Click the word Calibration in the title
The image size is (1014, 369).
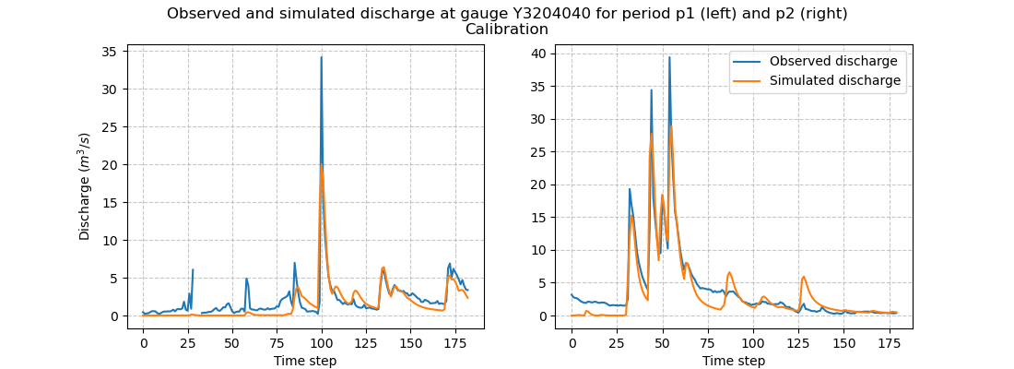(507, 30)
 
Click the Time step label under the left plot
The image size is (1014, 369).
(305, 361)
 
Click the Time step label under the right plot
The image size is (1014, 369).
(734, 361)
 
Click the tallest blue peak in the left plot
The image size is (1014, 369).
(321, 57)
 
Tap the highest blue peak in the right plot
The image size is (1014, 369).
(669, 57)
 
